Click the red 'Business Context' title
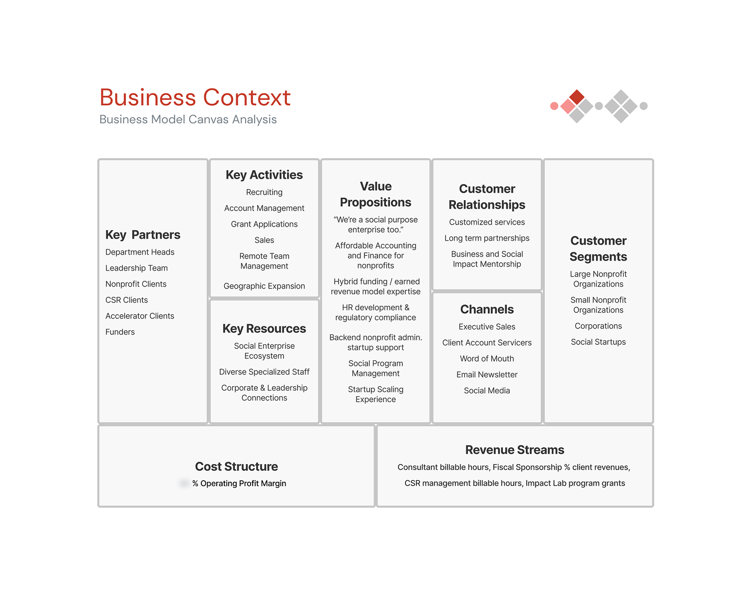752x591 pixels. pyautogui.click(x=195, y=97)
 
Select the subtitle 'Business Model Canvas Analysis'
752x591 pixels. pyautogui.click(x=188, y=119)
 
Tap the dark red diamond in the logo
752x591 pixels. pyautogui.click(x=577, y=97)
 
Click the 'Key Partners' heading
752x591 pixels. pyautogui.click(x=143, y=235)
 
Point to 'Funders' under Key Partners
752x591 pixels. pyautogui.click(x=120, y=332)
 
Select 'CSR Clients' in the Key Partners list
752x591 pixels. pyautogui.click(x=126, y=300)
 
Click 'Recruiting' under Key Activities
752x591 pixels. pyautogui.click(x=264, y=192)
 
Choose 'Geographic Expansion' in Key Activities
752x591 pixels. pyautogui.click(x=264, y=286)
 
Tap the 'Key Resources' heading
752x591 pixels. pyautogui.click(x=264, y=328)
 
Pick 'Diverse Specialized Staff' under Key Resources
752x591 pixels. pyautogui.click(x=264, y=372)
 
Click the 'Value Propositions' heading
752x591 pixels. pyautogui.click(x=376, y=194)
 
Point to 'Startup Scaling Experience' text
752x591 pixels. pyautogui.click(x=376, y=394)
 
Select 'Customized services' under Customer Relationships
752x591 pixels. pyautogui.click(x=487, y=222)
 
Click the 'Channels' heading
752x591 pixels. pyautogui.click(x=487, y=309)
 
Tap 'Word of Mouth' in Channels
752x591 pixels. pyautogui.click(x=487, y=358)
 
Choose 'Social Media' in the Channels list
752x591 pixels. pyautogui.click(x=487, y=390)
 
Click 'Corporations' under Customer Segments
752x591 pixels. pyautogui.click(x=598, y=326)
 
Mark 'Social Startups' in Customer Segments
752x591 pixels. pyautogui.click(x=598, y=342)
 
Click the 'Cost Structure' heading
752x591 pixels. pyautogui.click(x=236, y=467)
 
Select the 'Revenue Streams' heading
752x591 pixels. pyautogui.click(x=514, y=450)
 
